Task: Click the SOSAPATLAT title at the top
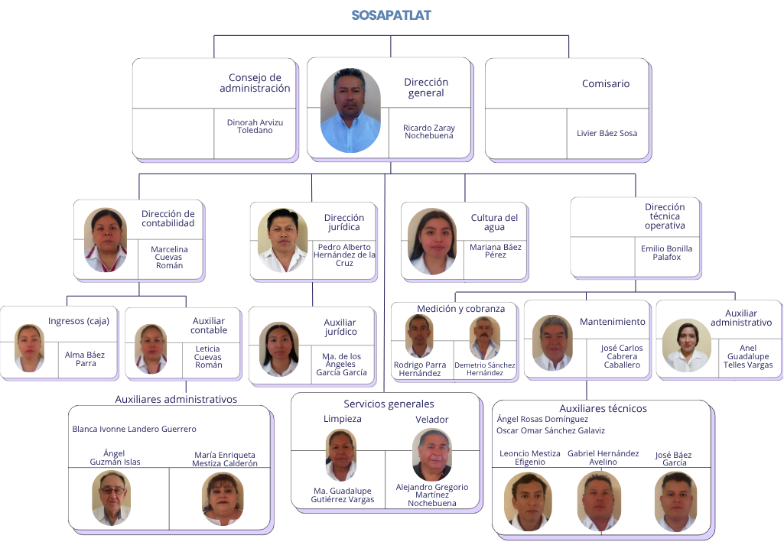pos(391,15)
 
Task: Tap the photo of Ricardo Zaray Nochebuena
pos(350,110)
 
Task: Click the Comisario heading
pos(606,83)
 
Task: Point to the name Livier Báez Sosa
pos(607,133)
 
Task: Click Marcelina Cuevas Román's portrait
pos(106,240)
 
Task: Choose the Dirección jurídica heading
pos(344,222)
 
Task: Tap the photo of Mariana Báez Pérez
pos(432,242)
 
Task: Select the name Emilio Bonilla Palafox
pos(666,253)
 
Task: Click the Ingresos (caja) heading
pos(79,321)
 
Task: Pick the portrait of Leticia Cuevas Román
pos(151,349)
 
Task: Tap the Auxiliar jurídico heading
pos(340,327)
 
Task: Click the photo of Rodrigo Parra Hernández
pos(419,336)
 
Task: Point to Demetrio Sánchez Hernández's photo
pos(484,338)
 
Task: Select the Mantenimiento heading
pos(613,322)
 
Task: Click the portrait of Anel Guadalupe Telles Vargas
pos(687,345)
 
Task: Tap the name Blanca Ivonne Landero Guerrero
pos(135,429)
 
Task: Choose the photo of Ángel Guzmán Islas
pos(111,498)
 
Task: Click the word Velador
pos(432,419)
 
